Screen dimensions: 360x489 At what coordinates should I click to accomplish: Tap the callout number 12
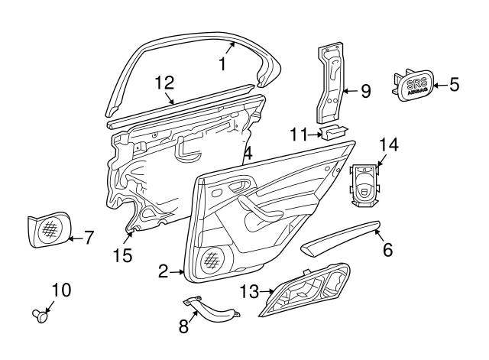(x=164, y=83)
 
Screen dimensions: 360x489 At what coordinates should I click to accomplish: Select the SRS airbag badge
(x=415, y=84)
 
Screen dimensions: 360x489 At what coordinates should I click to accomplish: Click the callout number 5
(x=454, y=84)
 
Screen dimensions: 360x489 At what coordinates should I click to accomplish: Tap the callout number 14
(x=389, y=144)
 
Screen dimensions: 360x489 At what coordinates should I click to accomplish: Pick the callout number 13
(x=249, y=290)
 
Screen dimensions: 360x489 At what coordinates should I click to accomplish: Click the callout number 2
(x=163, y=271)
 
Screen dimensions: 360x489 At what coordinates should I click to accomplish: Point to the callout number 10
(x=60, y=290)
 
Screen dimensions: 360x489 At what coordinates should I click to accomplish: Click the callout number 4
(x=247, y=154)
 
